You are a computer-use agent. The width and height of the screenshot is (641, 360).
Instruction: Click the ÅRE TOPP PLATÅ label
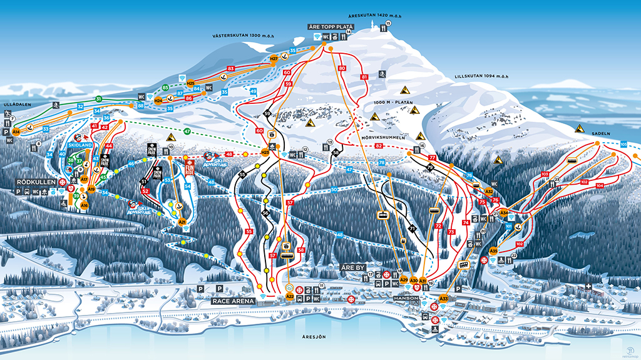(331, 28)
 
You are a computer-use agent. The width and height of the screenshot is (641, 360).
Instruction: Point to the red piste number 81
(364, 77)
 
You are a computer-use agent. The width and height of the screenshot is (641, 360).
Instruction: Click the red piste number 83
(231, 68)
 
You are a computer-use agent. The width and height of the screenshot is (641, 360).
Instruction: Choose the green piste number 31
(98, 99)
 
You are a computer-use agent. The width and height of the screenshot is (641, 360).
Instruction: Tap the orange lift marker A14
(16, 132)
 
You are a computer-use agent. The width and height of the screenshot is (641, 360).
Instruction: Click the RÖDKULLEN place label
(33, 182)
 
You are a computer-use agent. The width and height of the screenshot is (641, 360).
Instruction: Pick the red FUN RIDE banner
(190, 168)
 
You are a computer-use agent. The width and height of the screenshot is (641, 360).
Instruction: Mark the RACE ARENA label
(233, 301)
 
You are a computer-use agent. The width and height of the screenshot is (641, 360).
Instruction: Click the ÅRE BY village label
(352, 267)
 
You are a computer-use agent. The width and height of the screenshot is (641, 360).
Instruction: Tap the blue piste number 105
(623, 145)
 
